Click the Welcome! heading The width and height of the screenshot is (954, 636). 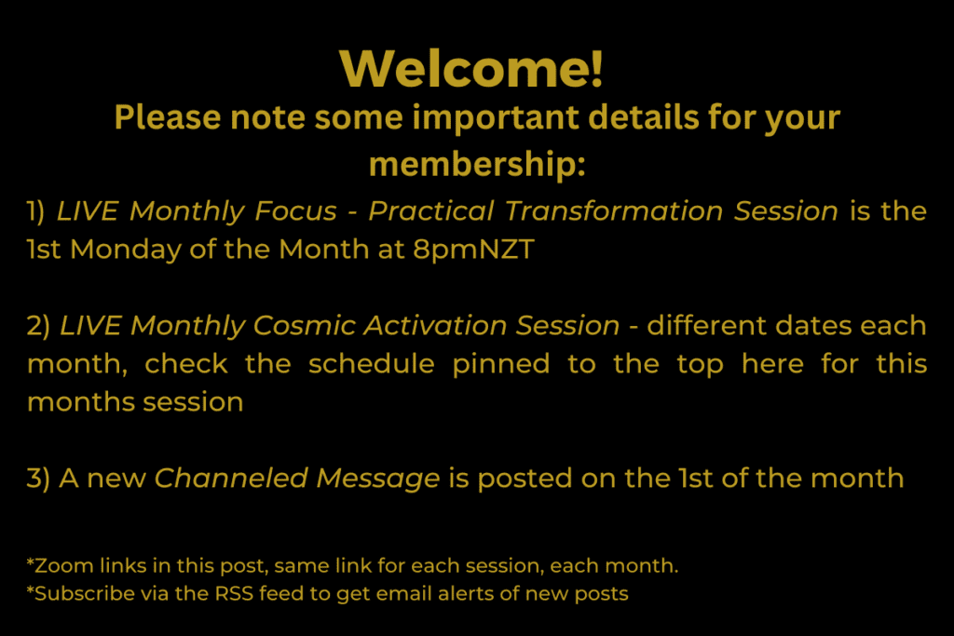point(471,68)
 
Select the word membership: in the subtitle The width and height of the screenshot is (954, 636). point(477,165)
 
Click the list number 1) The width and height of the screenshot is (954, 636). point(36,211)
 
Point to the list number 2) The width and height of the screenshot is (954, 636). point(37,326)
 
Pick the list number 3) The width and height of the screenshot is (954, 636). point(37,479)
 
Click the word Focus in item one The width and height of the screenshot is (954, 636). point(295,211)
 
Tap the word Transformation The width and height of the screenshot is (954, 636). point(613,211)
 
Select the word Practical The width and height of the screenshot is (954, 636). point(430,211)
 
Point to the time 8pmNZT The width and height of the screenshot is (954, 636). point(473,250)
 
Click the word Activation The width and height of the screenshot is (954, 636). point(435,326)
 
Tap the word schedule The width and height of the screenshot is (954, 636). point(371,363)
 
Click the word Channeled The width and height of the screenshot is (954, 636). point(231,479)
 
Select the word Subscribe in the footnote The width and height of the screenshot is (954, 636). point(85,593)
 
